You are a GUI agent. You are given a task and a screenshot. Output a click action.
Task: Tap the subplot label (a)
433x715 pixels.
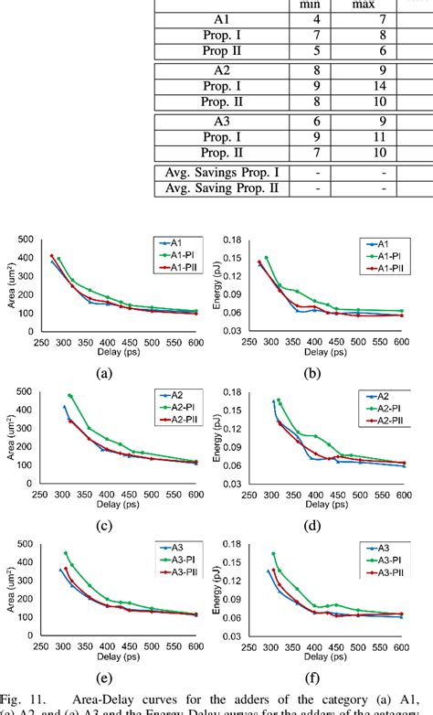pos(104,372)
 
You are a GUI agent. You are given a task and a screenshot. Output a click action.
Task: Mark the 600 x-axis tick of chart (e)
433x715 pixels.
pos(195,646)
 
